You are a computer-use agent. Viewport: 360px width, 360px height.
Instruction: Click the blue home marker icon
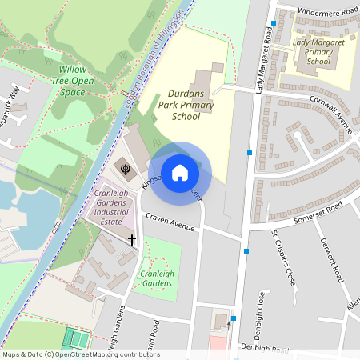(x=180, y=173)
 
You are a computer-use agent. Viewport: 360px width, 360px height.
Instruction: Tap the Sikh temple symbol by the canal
(x=125, y=167)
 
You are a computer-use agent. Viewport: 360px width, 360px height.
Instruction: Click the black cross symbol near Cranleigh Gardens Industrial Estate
(x=132, y=239)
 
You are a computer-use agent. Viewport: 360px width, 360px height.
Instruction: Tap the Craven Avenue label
(x=170, y=222)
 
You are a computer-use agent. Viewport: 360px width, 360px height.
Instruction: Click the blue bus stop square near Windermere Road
(x=274, y=23)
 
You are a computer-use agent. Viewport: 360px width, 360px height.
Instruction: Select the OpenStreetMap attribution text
(x=80, y=354)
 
